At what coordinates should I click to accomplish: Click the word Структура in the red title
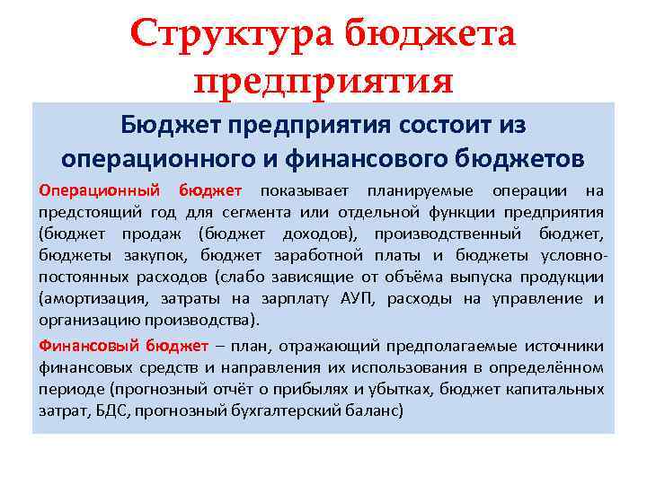click(232, 36)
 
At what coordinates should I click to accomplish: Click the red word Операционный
click(98, 190)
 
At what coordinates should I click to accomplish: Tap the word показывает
click(301, 190)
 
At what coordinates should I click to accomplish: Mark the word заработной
click(314, 255)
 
